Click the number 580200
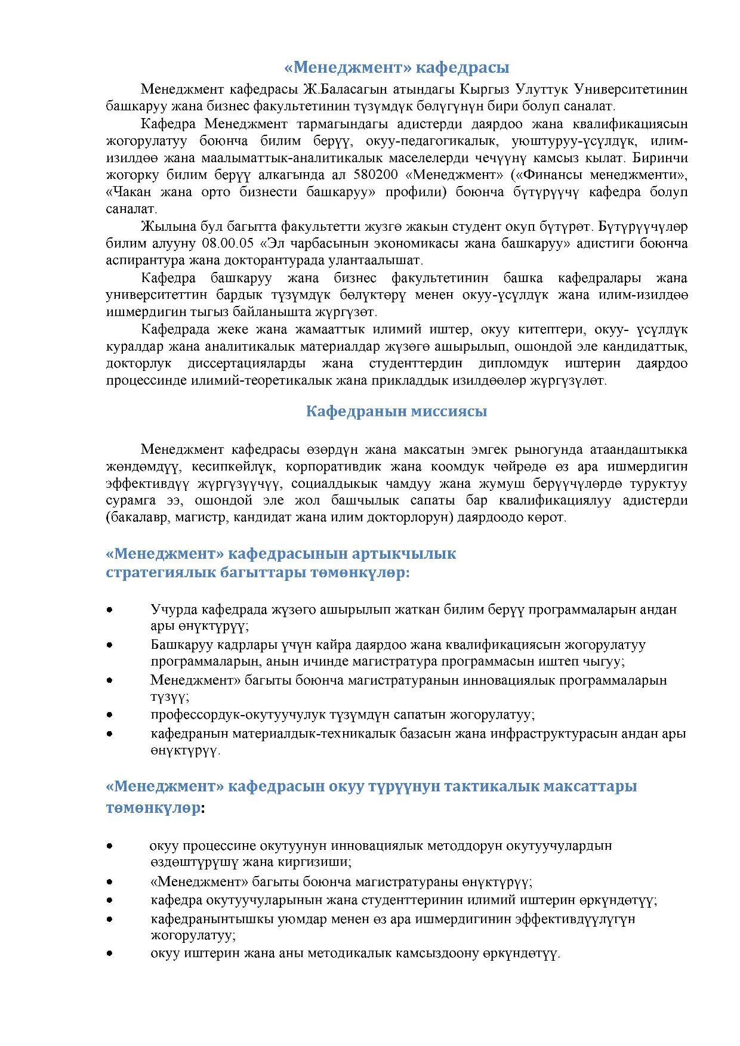pos(374,175)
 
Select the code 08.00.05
pos(228,243)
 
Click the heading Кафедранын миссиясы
pos(396,411)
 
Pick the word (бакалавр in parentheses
pos(138,517)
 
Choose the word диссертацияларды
pos(246,363)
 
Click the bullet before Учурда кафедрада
pos(109,609)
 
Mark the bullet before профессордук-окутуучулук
pos(109,714)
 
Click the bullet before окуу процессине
pos(109,846)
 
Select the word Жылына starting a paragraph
pos(164,227)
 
